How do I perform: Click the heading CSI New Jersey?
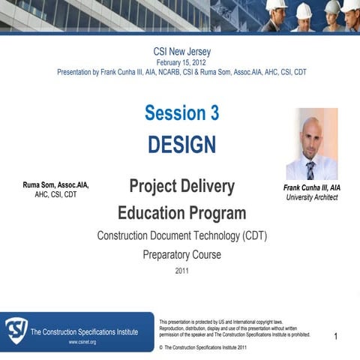click(181, 51)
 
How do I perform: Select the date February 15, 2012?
click(181, 62)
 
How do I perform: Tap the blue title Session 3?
click(181, 113)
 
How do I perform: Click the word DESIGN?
click(181, 144)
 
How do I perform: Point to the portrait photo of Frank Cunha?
click(311, 143)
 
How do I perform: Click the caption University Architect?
click(312, 197)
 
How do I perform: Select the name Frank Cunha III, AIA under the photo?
click(312, 187)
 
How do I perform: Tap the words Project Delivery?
click(181, 186)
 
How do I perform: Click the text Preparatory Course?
click(181, 255)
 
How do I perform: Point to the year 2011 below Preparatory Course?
click(181, 271)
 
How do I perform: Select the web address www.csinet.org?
click(82, 342)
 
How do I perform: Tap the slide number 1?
click(336, 337)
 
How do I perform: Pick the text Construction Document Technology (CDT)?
click(181, 235)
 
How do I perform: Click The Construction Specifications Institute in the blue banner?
click(84, 331)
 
